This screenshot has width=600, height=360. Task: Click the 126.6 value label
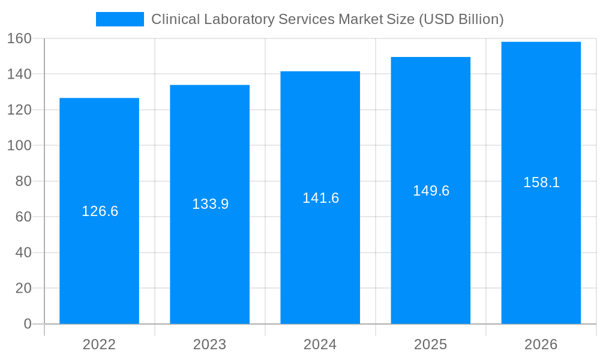tap(100, 211)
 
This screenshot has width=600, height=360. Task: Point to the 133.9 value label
tap(210, 204)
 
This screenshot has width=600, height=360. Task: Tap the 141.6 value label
tap(320, 198)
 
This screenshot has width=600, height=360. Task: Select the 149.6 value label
tap(431, 191)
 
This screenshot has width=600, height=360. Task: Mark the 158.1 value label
tap(541, 182)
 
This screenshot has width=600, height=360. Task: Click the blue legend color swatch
tap(120, 19)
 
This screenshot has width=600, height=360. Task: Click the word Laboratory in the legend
tap(240, 19)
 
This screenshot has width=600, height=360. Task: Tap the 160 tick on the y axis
tap(19, 38)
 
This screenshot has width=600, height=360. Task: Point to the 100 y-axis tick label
tap(19, 145)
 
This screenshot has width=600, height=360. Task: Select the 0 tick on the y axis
tap(28, 324)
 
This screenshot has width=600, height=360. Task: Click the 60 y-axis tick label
tap(23, 217)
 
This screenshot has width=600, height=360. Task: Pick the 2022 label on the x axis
tap(99, 344)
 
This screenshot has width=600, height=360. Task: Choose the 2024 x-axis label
tap(320, 344)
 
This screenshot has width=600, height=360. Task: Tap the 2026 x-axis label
tap(541, 344)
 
